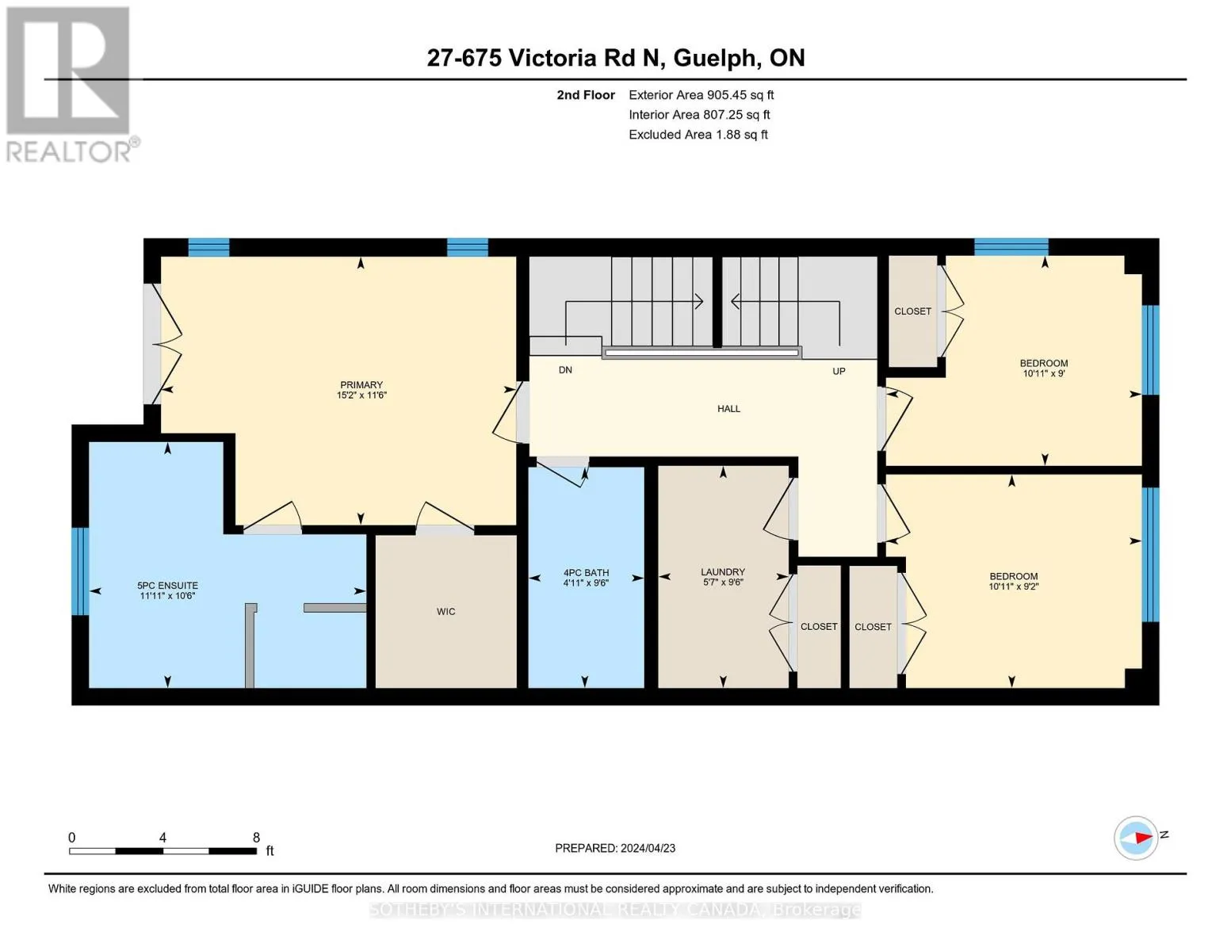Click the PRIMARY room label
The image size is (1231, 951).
tap(361, 384)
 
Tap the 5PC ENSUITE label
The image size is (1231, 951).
tap(168, 586)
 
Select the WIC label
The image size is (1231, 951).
tap(445, 612)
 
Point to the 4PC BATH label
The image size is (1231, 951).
tap(586, 573)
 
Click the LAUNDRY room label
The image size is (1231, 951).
tap(723, 572)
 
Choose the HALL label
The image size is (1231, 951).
tap(728, 408)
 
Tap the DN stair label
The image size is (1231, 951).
tap(565, 370)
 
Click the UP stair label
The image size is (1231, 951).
tap(839, 371)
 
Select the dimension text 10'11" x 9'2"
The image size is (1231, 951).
tap(1014, 586)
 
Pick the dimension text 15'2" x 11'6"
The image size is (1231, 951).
tap(361, 395)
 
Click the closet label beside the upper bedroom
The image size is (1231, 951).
tap(912, 311)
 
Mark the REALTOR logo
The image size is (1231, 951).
tap(71, 85)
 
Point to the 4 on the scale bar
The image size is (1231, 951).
tap(162, 838)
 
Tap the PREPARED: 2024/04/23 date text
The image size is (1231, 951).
tap(615, 848)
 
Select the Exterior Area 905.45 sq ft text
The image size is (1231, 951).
tap(702, 95)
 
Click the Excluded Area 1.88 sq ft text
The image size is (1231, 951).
tap(698, 135)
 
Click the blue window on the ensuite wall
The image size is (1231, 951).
tap(80, 571)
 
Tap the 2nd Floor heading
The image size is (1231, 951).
tap(586, 95)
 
